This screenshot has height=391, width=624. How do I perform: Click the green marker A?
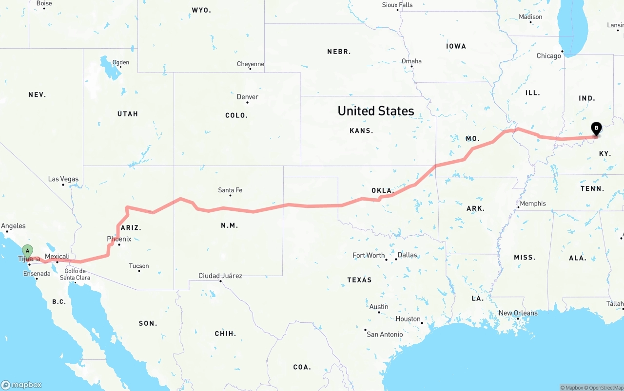[28, 251]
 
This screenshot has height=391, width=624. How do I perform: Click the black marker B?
[596, 129]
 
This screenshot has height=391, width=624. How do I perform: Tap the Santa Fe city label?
[230, 190]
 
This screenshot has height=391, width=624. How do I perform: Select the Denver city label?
[248, 97]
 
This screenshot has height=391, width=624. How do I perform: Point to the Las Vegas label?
[63, 179]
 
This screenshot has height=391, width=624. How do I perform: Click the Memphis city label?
[533, 204]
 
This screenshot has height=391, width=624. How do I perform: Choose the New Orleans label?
[518, 313]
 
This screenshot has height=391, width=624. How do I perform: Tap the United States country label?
[376, 111]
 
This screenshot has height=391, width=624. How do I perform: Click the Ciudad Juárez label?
[220, 276]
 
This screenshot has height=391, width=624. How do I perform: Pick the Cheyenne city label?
[251, 64]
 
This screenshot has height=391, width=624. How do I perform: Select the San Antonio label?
[385, 335]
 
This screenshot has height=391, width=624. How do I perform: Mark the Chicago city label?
[549, 56]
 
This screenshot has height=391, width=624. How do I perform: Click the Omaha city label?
[411, 61]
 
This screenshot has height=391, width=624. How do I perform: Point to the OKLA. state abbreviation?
[383, 190]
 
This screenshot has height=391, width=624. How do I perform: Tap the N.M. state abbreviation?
[229, 225]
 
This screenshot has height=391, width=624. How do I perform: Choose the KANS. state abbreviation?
[361, 130]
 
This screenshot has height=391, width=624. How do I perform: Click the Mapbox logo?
[21, 385]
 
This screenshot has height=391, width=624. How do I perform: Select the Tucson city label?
[139, 266]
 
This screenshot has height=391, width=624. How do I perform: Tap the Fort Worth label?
[369, 255]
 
